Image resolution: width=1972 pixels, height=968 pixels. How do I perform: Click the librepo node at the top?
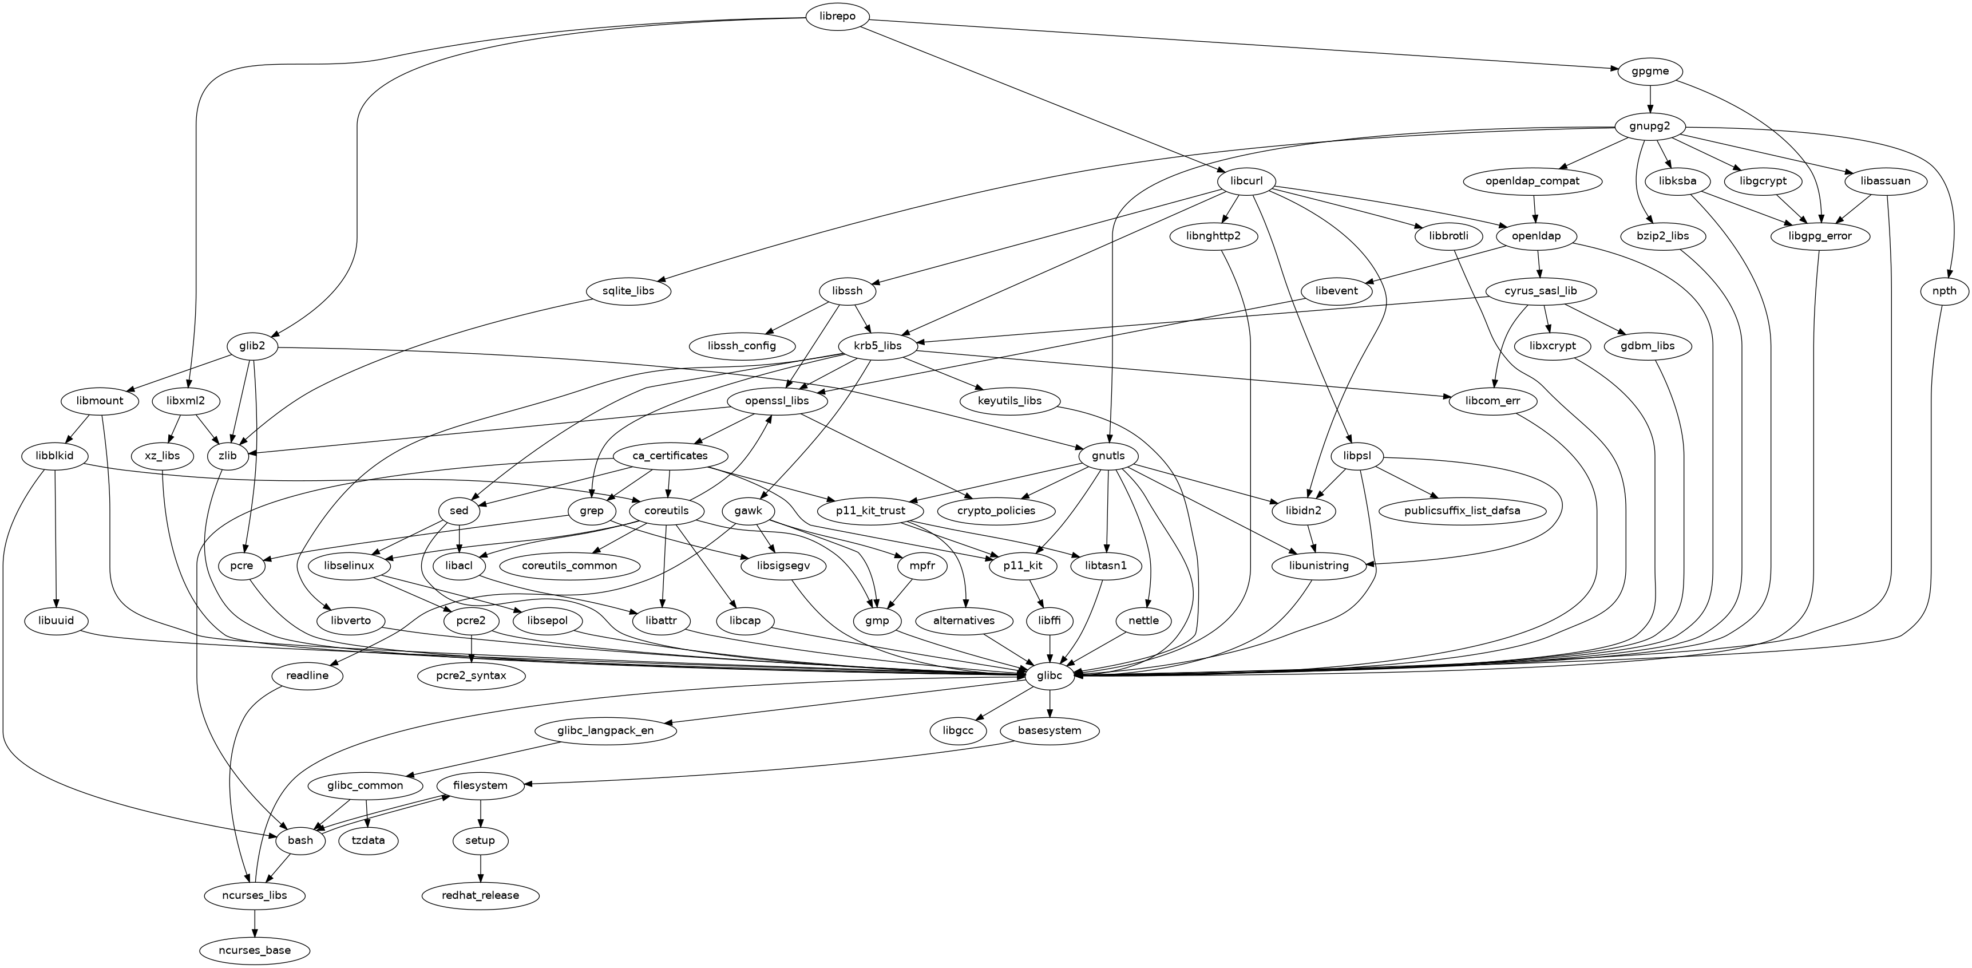(x=837, y=17)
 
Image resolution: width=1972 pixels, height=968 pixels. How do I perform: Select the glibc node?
(x=1049, y=675)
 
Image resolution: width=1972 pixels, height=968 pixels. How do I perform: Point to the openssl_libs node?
(x=777, y=401)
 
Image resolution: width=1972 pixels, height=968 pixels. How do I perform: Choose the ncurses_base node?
(x=255, y=950)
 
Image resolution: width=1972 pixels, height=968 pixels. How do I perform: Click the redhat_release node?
(x=480, y=895)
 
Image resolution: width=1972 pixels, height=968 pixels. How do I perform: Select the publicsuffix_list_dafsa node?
(x=1462, y=511)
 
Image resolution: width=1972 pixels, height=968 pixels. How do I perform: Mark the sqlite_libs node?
(x=628, y=291)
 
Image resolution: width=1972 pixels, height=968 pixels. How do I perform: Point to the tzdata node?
(x=368, y=840)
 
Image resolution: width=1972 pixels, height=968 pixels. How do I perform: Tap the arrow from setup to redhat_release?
(x=480, y=868)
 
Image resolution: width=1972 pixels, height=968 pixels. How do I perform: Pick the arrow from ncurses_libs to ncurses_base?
(x=255, y=923)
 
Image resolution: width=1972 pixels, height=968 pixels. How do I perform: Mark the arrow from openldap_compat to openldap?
(x=1535, y=209)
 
